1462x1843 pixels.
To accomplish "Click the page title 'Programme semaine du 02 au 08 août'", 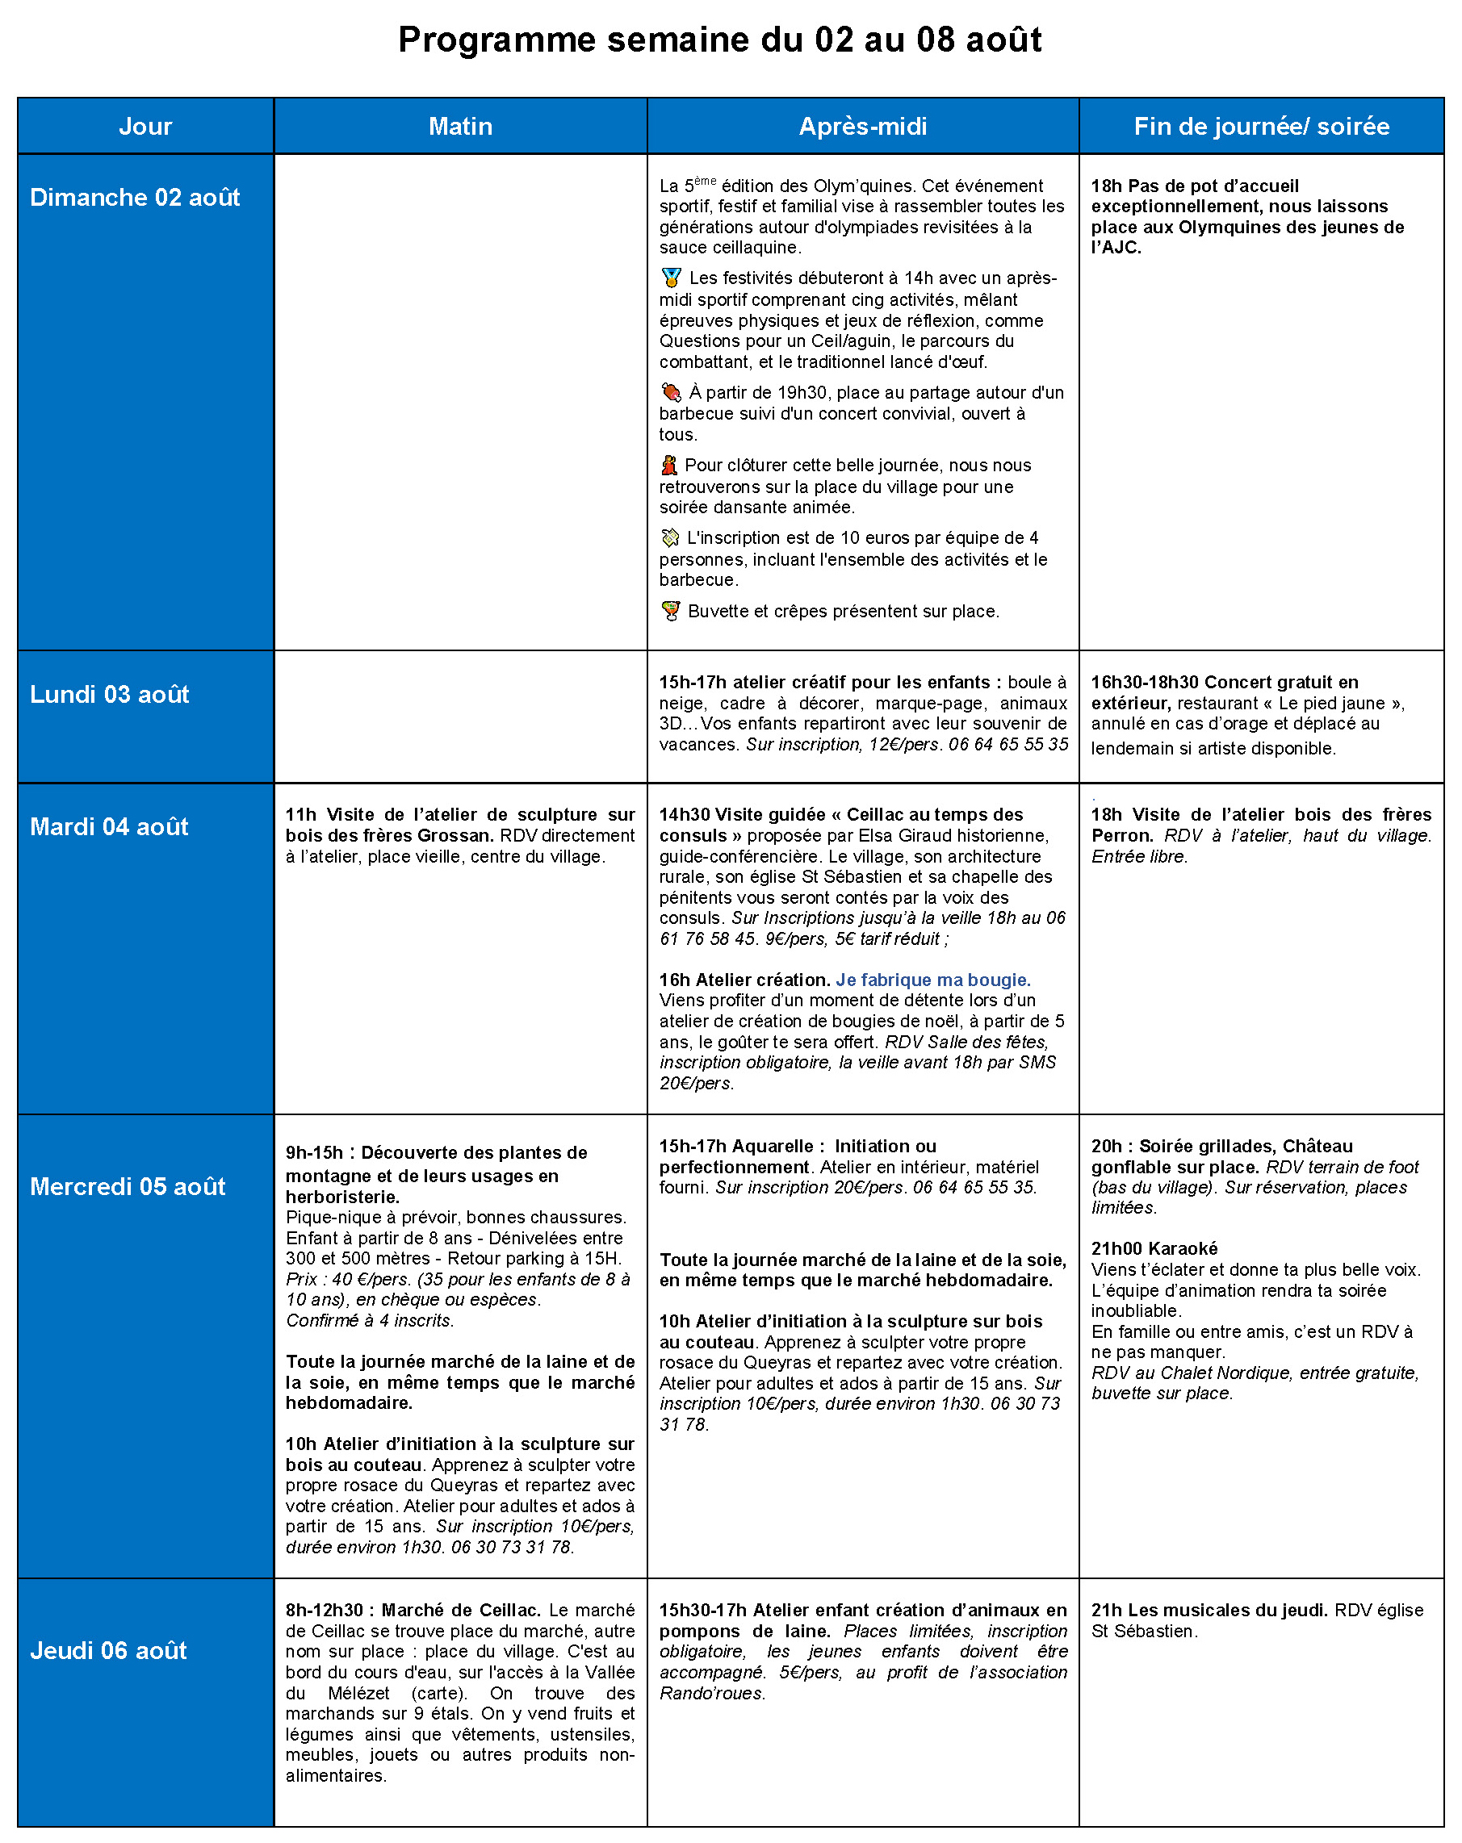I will click(x=719, y=40).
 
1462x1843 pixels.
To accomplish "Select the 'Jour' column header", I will click(x=145, y=127).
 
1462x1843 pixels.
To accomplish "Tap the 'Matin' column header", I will click(x=460, y=127).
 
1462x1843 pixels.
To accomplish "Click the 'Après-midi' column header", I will click(x=862, y=127).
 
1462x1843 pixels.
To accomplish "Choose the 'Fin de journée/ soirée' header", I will click(x=1260, y=127).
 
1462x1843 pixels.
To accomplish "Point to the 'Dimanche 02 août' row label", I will click(x=134, y=198).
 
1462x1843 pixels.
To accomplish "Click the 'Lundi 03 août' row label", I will click(x=110, y=694).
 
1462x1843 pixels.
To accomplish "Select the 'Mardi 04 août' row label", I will click(x=109, y=826).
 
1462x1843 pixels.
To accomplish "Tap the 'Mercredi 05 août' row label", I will click(x=128, y=1186).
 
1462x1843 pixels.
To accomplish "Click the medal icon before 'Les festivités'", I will click(x=671, y=278).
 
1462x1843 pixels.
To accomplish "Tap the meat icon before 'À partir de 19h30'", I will click(x=671, y=392).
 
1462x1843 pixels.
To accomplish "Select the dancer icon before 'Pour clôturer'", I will click(x=669, y=466).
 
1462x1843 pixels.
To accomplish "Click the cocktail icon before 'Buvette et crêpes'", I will click(x=671, y=611).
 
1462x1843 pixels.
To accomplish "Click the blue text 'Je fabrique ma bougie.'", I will click(x=932, y=980).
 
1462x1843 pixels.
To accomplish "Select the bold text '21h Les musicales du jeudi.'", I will click(x=1208, y=1610).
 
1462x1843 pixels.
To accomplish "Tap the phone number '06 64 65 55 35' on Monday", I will click(x=1008, y=745).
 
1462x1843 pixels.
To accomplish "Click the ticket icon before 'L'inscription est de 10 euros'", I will click(x=670, y=538).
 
